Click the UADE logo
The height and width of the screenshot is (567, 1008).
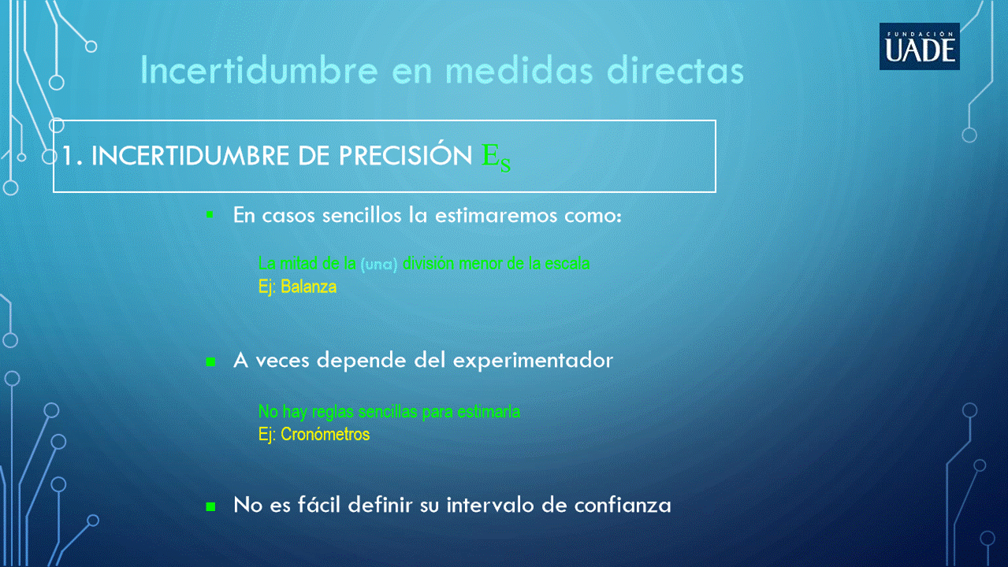click(x=920, y=46)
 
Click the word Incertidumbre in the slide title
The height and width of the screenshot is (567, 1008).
click(x=259, y=70)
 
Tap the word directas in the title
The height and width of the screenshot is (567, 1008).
click(x=675, y=70)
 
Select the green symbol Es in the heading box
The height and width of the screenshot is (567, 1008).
click(x=496, y=157)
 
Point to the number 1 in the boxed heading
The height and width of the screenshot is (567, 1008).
click(x=68, y=156)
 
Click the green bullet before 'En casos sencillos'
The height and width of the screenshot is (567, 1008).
click(x=210, y=215)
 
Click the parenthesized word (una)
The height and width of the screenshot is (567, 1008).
click(x=379, y=264)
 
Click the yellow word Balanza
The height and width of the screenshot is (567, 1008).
click(x=309, y=287)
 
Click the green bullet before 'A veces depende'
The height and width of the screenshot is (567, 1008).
click(x=210, y=362)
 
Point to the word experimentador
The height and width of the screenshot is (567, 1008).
click(x=533, y=361)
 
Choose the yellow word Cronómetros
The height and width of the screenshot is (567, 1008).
click(x=325, y=435)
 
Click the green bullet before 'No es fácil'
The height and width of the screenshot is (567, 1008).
click(x=210, y=506)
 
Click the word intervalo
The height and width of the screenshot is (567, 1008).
click(x=490, y=505)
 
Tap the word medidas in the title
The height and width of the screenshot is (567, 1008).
click(x=519, y=70)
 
